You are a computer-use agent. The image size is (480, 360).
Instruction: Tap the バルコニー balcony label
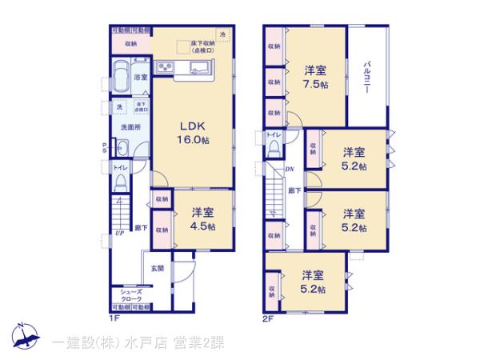pyautogui.click(x=366, y=78)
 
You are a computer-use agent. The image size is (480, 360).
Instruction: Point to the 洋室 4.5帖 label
pyautogui.click(x=202, y=218)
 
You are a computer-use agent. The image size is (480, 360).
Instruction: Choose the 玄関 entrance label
pyautogui.click(x=158, y=269)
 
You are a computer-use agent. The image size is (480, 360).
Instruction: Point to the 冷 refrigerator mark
pyautogui.click(x=223, y=34)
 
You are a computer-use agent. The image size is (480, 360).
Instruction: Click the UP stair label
pyautogui.click(x=118, y=233)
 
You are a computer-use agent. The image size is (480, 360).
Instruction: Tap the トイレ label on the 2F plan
pyautogui.click(x=273, y=134)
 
